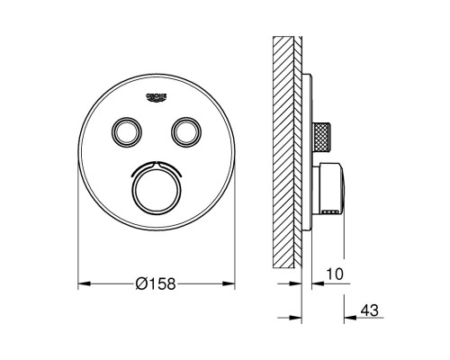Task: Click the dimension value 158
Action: [158, 284]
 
